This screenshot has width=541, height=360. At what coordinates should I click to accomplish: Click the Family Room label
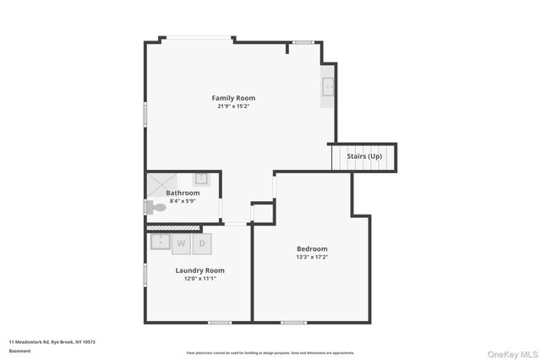coord(233,98)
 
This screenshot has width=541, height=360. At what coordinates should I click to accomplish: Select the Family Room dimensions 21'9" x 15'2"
coord(233,106)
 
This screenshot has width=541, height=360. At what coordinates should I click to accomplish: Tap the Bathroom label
coord(183,193)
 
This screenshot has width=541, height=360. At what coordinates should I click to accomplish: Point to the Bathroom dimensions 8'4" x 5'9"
coord(183,200)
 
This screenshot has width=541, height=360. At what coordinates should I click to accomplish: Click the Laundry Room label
coord(199,270)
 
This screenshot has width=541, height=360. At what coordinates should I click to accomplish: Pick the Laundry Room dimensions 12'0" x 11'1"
coord(199,278)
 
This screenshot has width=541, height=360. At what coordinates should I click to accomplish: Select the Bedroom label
coord(312,248)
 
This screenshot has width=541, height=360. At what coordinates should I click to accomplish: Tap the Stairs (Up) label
coord(364,156)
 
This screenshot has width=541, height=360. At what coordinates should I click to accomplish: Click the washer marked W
coord(181,244)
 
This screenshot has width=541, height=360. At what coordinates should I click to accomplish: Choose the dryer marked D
coord(202,244)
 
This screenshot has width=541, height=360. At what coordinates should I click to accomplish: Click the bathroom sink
coord(202,178)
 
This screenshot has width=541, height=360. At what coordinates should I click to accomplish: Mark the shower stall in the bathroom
coord(161,184)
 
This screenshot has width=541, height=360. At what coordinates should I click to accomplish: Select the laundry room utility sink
coord(161,242)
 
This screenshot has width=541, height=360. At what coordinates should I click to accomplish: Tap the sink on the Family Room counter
coord(329,86)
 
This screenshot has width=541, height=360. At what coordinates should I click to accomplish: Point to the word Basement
coord(19,350)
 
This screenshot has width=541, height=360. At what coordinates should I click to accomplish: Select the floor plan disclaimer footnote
coord(270,353)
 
